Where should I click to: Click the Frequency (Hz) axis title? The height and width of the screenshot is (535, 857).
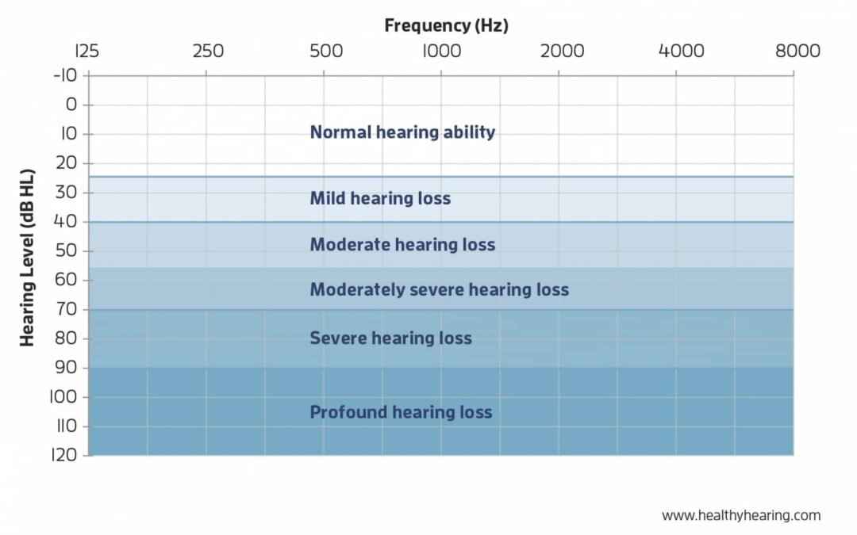[446, 25]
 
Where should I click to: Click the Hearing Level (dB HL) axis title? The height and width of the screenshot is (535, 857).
[27, 258]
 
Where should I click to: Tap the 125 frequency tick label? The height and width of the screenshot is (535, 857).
[86, 52]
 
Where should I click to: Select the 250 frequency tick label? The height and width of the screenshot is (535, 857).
[208, 52]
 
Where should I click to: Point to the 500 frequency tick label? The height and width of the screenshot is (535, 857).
[326, 52]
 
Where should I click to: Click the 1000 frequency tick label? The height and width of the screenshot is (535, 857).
[443, 52]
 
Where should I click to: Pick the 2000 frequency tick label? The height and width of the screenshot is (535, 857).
[561, 52]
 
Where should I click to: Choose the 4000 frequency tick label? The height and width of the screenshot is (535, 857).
[682, 52]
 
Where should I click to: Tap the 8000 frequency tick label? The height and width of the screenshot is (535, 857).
[797, 52]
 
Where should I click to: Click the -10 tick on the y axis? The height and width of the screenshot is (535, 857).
[65, 75]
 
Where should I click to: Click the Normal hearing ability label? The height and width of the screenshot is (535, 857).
[402, 132]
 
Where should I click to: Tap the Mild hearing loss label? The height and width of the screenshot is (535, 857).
[380, 198]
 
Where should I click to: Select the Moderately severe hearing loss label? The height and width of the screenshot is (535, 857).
[439, 289]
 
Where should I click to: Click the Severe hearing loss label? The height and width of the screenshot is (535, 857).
[390, 338]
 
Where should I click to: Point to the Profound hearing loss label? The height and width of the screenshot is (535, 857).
[401, 412]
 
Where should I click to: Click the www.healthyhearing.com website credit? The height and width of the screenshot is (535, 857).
[741, 515]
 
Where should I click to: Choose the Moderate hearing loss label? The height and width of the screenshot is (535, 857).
[402, 244]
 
